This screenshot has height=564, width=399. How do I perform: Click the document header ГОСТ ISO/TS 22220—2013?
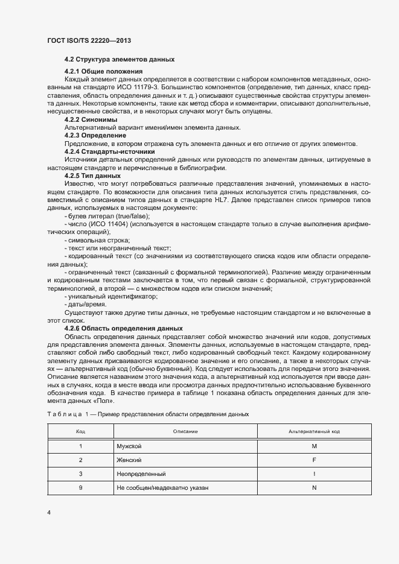click(89, 40)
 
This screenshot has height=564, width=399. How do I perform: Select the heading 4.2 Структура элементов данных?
click(120, 60)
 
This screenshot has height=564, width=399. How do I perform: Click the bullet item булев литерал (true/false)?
click(107, 215)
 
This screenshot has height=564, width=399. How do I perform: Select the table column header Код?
click(80, 432)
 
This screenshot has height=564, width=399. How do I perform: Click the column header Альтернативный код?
click(314, 432)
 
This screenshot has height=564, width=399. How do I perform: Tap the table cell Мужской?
click(129, 446)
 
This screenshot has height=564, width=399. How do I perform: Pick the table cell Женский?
click(129, 460)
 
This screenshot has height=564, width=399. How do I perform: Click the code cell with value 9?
click(80, 487)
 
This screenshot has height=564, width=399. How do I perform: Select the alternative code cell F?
click(314, 460)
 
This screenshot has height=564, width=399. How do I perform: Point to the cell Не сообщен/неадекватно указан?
click(163, 487)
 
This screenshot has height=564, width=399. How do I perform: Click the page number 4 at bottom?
click(48, 513)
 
